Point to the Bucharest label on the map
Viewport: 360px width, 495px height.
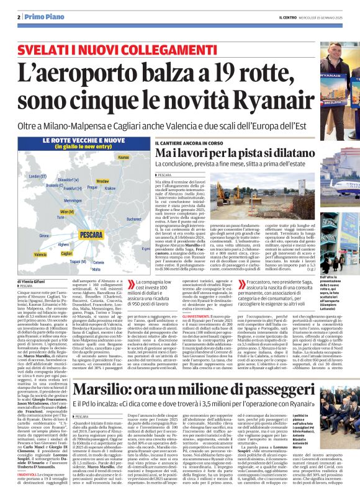click(135, 218)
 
